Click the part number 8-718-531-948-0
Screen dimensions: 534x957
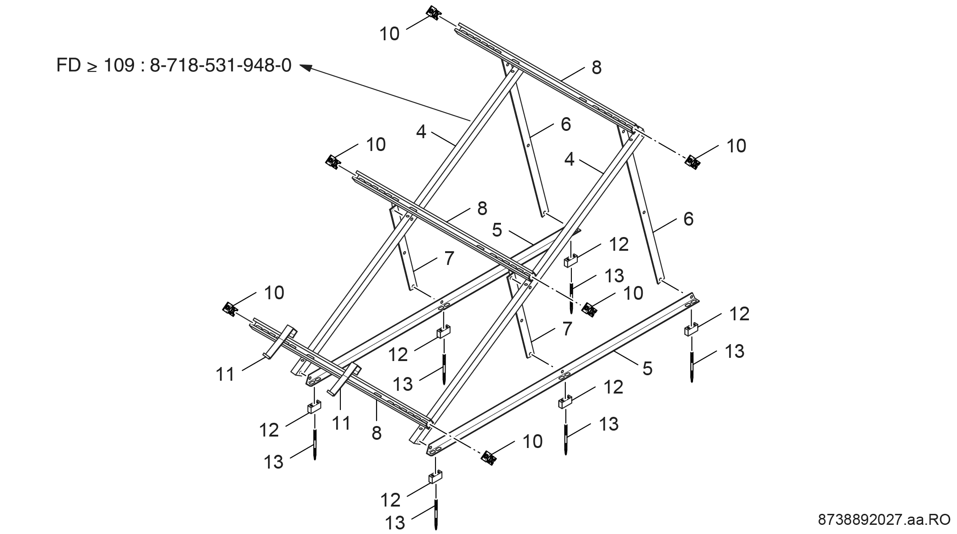click(220, 65)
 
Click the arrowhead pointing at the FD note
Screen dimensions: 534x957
click(306, 67)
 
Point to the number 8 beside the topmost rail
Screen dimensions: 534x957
click(597, 68)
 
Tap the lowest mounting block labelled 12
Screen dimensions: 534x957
click(435, 478)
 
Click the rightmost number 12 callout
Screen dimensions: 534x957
click(739, 314)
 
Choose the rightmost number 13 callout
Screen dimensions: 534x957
click(735, 351)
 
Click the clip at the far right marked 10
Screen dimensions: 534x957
click(693, 162)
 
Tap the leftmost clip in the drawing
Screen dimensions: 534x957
click(230, 309)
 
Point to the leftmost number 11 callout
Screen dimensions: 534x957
click(225, 375)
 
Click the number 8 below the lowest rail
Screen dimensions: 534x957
click(376, 433)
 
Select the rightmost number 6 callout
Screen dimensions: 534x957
click(688, 219)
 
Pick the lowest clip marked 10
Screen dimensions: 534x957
click(489, 457)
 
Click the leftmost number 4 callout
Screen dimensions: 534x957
click(421, 132)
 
